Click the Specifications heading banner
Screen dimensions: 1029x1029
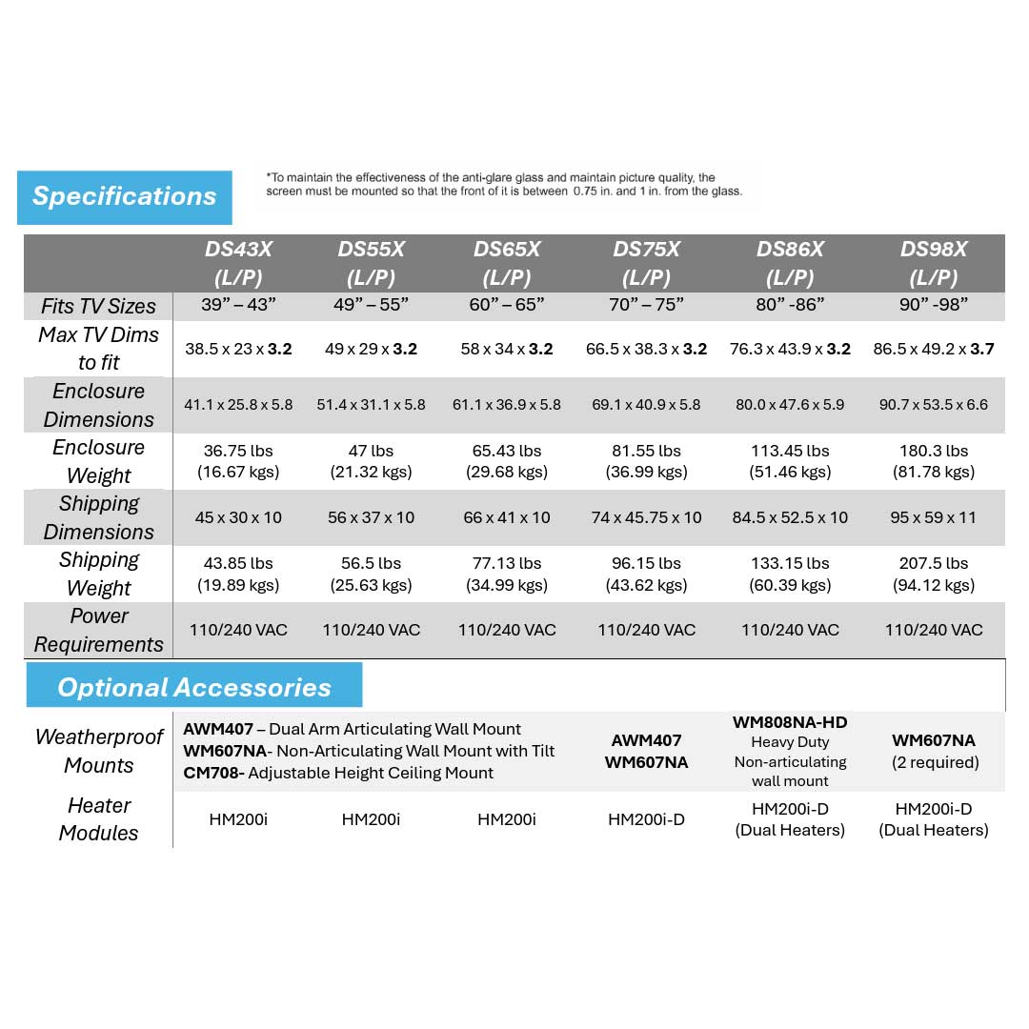125,197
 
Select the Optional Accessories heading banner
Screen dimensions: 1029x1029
194,687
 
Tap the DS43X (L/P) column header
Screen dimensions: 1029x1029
238,263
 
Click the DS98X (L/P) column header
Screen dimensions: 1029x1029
934,263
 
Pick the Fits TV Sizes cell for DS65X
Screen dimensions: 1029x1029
507,306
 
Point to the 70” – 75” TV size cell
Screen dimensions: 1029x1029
646,306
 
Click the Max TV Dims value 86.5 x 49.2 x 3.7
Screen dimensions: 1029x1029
934,349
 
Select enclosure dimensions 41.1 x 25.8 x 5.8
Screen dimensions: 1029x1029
238,405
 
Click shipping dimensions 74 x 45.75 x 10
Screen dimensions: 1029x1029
646,517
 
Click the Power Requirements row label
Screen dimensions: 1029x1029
99,630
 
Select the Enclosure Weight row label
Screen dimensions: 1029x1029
99,461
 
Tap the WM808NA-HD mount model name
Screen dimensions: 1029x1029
790,722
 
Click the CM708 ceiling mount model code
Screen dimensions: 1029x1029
212,773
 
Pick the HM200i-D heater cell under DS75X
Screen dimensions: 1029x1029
646,819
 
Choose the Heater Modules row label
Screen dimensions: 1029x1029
99,819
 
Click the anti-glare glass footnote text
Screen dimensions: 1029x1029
503,184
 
